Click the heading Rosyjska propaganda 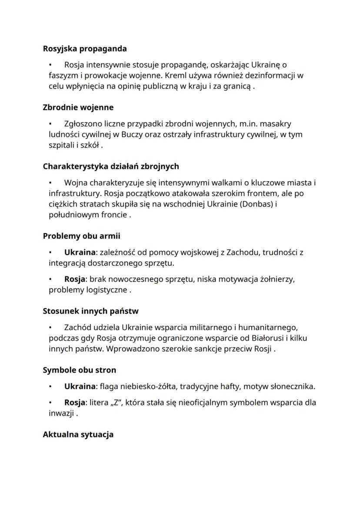85,49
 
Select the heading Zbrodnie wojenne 78,107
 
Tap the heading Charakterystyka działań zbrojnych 111,166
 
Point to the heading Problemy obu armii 81,236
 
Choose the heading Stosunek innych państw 90,311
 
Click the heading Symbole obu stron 79,370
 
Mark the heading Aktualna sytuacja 78,434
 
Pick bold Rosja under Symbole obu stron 74,402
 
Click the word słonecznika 293,386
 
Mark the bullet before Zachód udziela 51,327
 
